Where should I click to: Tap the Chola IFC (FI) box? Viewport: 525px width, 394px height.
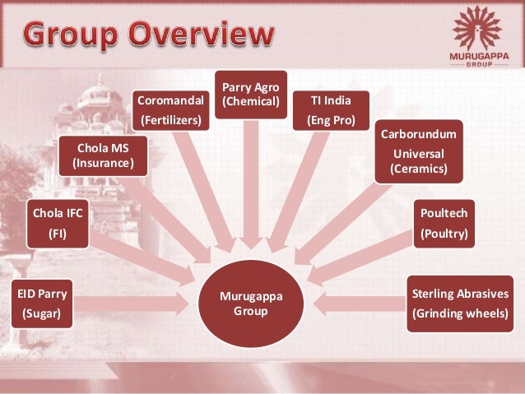pos(57,223)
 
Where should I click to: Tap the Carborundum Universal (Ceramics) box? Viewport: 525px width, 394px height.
pos(419,151)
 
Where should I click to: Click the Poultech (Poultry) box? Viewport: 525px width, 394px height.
pos(444,223)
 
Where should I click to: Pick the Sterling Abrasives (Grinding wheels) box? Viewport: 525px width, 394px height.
pos(460,303)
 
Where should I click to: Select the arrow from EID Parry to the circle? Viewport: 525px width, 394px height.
pos(132,304)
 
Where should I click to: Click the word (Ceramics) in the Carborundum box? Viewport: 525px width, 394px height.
pos(419,169)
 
